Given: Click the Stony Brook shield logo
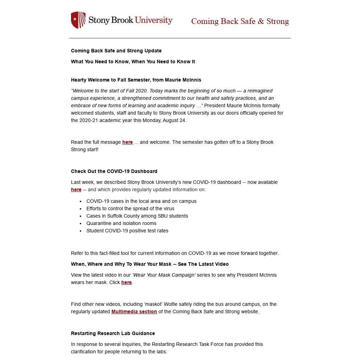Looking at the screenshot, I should coord(78,20).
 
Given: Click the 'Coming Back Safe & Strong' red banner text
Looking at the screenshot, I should coord(240,21).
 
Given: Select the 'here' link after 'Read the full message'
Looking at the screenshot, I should coord(127,142).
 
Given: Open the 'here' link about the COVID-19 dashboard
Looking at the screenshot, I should coord(76,190).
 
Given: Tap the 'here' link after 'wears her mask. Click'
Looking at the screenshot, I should coord(126,283).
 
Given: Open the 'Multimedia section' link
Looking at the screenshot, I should coord(134,312).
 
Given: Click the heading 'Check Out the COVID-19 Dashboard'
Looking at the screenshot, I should coord(114,172).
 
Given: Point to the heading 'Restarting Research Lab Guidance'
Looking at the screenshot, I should coord(113,334).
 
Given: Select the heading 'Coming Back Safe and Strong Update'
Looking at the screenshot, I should coord(116,51).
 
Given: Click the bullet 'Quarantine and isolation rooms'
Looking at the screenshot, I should coord(121,224).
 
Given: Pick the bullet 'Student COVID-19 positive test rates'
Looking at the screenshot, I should coord(127,231).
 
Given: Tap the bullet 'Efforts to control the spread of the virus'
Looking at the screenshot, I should coord(130,209).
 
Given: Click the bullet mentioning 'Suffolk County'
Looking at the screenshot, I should coord(137,216).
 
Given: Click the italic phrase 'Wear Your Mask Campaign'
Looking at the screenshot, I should coord(164,275).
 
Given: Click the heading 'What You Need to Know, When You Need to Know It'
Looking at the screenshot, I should coord(133,62).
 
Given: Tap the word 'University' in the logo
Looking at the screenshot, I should coord(154,20).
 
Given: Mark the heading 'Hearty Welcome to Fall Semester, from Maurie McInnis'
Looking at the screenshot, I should coord(136,80).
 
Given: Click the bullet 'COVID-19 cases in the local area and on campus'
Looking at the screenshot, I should coord(141,201).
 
